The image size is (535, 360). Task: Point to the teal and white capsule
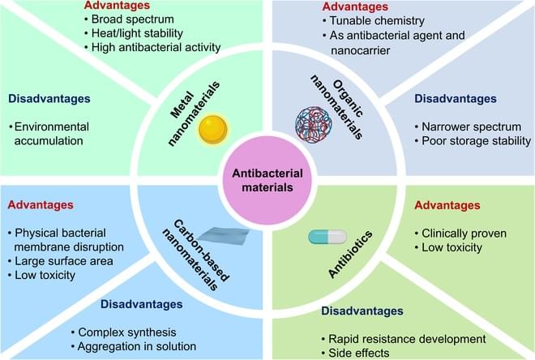tap(327, 237)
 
